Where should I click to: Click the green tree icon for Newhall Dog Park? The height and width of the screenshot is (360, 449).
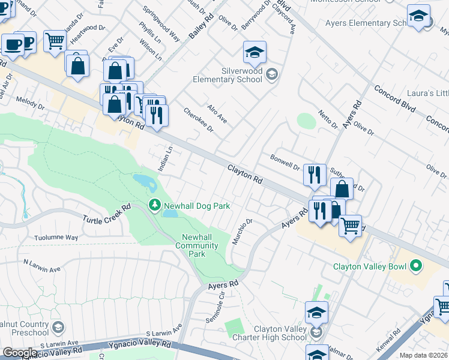(x=155, y=206)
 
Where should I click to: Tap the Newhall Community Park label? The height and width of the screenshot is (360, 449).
(x=197, y=245)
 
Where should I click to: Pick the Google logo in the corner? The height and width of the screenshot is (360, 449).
(x=20, y=353)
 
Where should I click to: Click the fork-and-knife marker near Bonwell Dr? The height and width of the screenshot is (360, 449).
(x=315, y=175)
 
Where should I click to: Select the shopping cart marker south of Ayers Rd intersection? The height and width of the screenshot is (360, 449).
(x=350, y=226)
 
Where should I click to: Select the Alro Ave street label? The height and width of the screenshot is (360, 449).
(x=217, y=114)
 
